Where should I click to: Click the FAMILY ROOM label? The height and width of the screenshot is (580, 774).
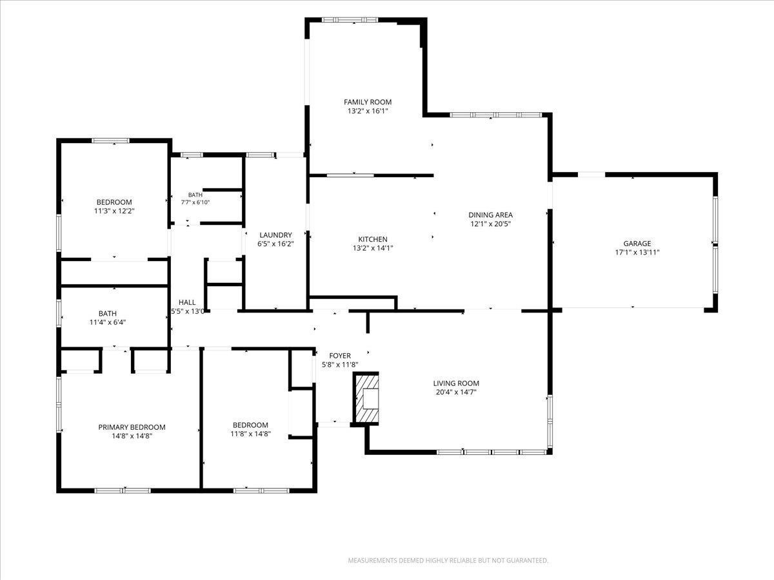(x=368, y=102)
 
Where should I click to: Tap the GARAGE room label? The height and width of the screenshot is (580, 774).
(x=637, y=244)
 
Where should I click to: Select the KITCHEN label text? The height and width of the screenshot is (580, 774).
(x=373, y=239)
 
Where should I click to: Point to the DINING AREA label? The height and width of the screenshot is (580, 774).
(x=490, y=215)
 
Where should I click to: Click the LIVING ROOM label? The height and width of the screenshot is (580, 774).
(x=456, y=383)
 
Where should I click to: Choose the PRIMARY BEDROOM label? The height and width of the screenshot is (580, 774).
(x=132, y=427)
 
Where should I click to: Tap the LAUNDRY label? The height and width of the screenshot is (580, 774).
(x=275, y=235)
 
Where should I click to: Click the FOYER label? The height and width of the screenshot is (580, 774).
(x=340, y=356)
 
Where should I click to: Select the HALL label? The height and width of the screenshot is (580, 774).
(x=187, y=302)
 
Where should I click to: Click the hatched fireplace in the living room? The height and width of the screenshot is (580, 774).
(x=367, y=399)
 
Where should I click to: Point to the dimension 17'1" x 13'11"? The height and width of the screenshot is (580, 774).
(x=637, y=252)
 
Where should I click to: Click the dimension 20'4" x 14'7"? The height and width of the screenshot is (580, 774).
(x=456, y=392)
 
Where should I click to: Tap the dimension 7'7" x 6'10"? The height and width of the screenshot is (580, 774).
(x=195, y=202)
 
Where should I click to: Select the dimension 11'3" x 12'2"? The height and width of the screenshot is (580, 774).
(x=114, y=211)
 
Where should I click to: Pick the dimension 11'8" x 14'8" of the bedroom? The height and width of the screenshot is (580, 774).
(x=250, y=434)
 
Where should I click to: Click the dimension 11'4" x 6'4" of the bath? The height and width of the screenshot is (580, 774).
(x=108, y=322)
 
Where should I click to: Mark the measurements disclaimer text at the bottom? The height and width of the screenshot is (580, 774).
(x=448, y=560)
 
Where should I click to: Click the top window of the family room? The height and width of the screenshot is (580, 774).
(x=350, y=20)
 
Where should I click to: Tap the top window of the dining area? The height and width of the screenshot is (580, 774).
(x=496, y=115)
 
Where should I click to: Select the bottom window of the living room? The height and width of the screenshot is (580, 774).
(x=492, y=452)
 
